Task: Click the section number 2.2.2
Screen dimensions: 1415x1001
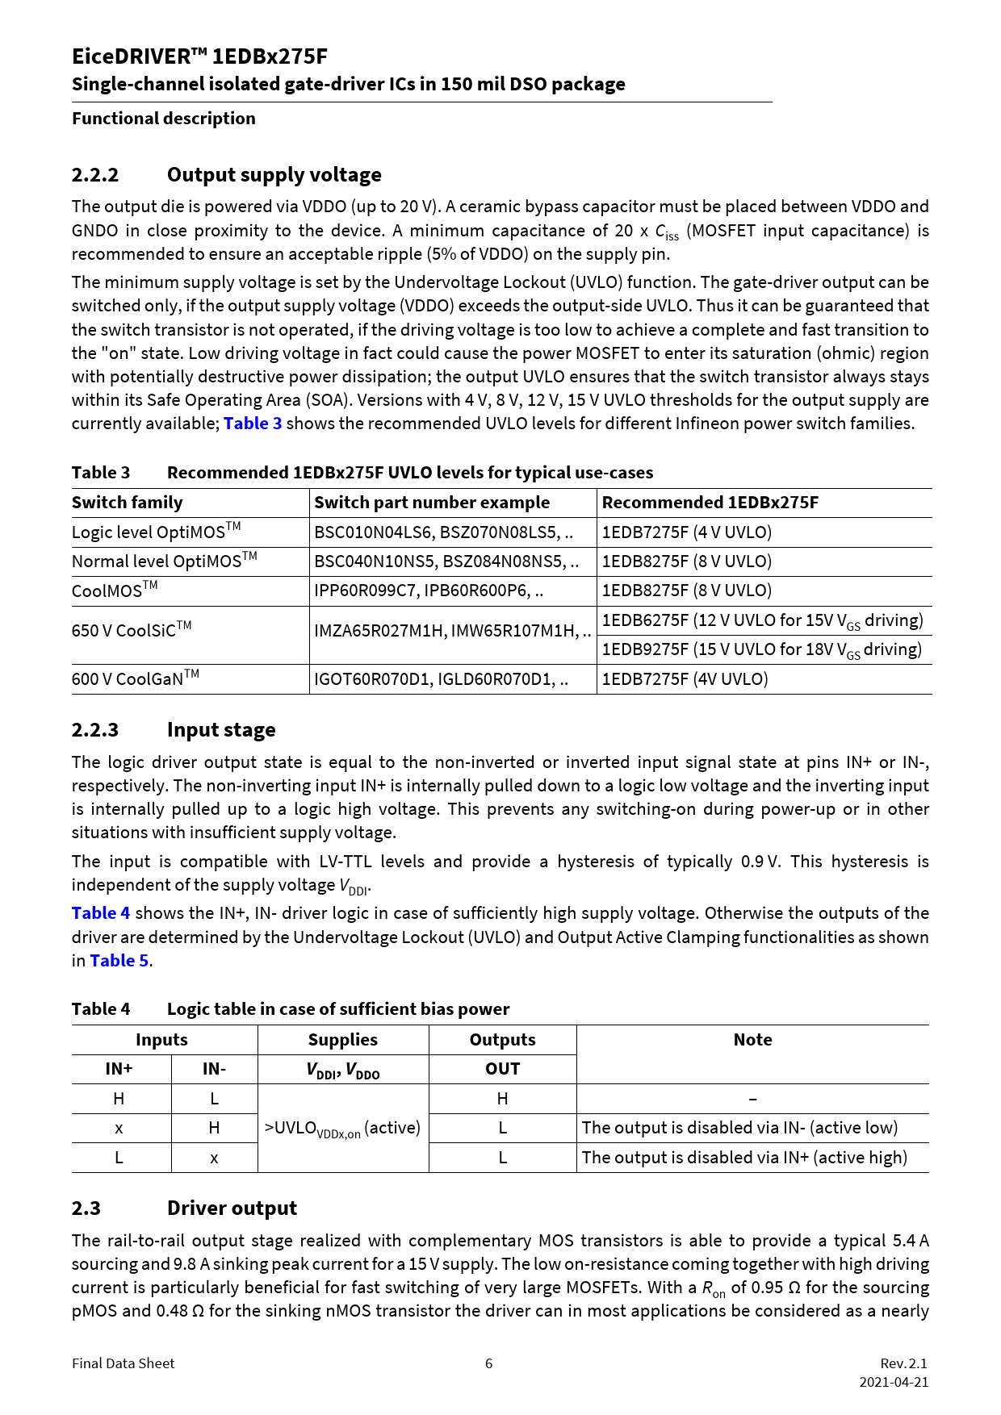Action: coord(95,175)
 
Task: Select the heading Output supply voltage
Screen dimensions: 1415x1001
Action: coord(274,175)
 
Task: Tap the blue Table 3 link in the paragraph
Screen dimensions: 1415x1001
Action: coord(253,424)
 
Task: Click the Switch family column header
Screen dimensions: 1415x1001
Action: coord(128,503)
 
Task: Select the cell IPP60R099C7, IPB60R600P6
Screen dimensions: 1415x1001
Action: coord(428,591)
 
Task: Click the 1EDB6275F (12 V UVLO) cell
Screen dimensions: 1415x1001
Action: coord(762,620)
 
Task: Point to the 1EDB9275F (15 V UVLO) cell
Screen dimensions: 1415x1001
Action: coord(761,650)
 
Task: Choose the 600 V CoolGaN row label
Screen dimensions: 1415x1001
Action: coord(135,678)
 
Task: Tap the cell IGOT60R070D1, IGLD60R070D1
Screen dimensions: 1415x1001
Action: coord(441,679)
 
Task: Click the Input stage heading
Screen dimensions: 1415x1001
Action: coord(220,730)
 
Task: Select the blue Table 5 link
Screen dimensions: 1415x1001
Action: coord(119,961)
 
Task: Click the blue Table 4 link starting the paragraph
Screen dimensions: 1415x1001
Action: coord(101,913)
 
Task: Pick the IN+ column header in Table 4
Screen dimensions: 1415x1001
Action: coord(119,1069)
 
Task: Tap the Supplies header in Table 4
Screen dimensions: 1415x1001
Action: coord(342,1040)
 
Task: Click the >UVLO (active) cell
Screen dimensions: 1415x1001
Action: coord(342,1128)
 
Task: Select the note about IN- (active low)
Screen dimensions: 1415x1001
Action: coord(739,1128)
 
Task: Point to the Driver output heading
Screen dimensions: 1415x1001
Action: coord(232,1208)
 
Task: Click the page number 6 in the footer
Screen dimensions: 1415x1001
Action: coord(488,1363)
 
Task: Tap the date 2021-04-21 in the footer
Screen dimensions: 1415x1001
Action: coord(894,1382)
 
